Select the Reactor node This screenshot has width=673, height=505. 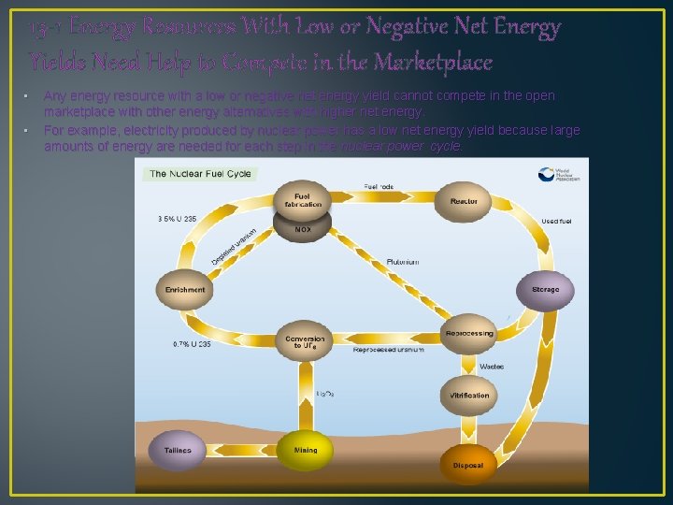[464, 202]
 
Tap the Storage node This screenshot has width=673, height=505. [545, 290]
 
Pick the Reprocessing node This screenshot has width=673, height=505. [469, 334]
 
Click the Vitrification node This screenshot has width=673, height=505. [469, 396]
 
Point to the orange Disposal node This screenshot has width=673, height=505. [467, 465]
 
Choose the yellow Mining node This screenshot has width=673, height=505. [306, 450]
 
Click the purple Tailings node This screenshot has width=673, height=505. [178, 450]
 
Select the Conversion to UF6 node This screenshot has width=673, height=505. [306, 342]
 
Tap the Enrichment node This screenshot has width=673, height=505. [185, 290]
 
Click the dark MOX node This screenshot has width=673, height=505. [303, 228]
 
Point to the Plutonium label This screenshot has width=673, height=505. [403, 263]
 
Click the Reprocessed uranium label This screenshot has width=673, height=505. [388, 350]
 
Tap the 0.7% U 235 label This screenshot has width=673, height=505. [192, 344]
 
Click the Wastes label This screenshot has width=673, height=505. [492, 366]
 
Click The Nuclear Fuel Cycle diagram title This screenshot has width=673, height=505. [199, 174]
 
